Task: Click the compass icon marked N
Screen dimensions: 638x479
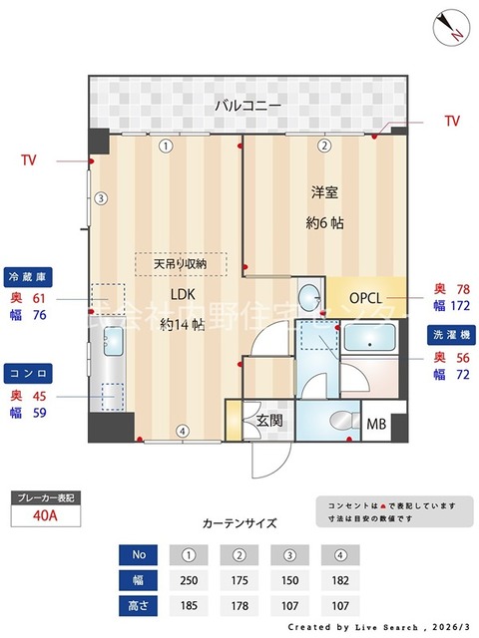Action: (x=450, y=26)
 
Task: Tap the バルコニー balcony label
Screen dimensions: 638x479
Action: (x=247, y=105)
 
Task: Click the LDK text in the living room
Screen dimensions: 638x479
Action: (x=182, y=294)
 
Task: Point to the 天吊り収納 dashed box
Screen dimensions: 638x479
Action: (x=181, y=264)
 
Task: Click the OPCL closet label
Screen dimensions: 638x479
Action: (x=366, y=297)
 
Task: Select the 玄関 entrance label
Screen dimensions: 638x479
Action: (x=269, y=421)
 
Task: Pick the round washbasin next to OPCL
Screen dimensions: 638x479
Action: (x=310, y=295)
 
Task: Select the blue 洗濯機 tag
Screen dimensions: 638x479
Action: (x=451, y=334)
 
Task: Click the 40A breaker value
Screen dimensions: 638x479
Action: (x=42, y=516)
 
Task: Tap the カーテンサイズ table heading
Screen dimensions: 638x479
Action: (x=239, y=522)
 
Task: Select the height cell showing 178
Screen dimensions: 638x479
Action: (x=239, y=604)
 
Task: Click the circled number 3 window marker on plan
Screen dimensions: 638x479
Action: (x=101, y=198)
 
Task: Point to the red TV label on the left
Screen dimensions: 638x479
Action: (x=30, y=159)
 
